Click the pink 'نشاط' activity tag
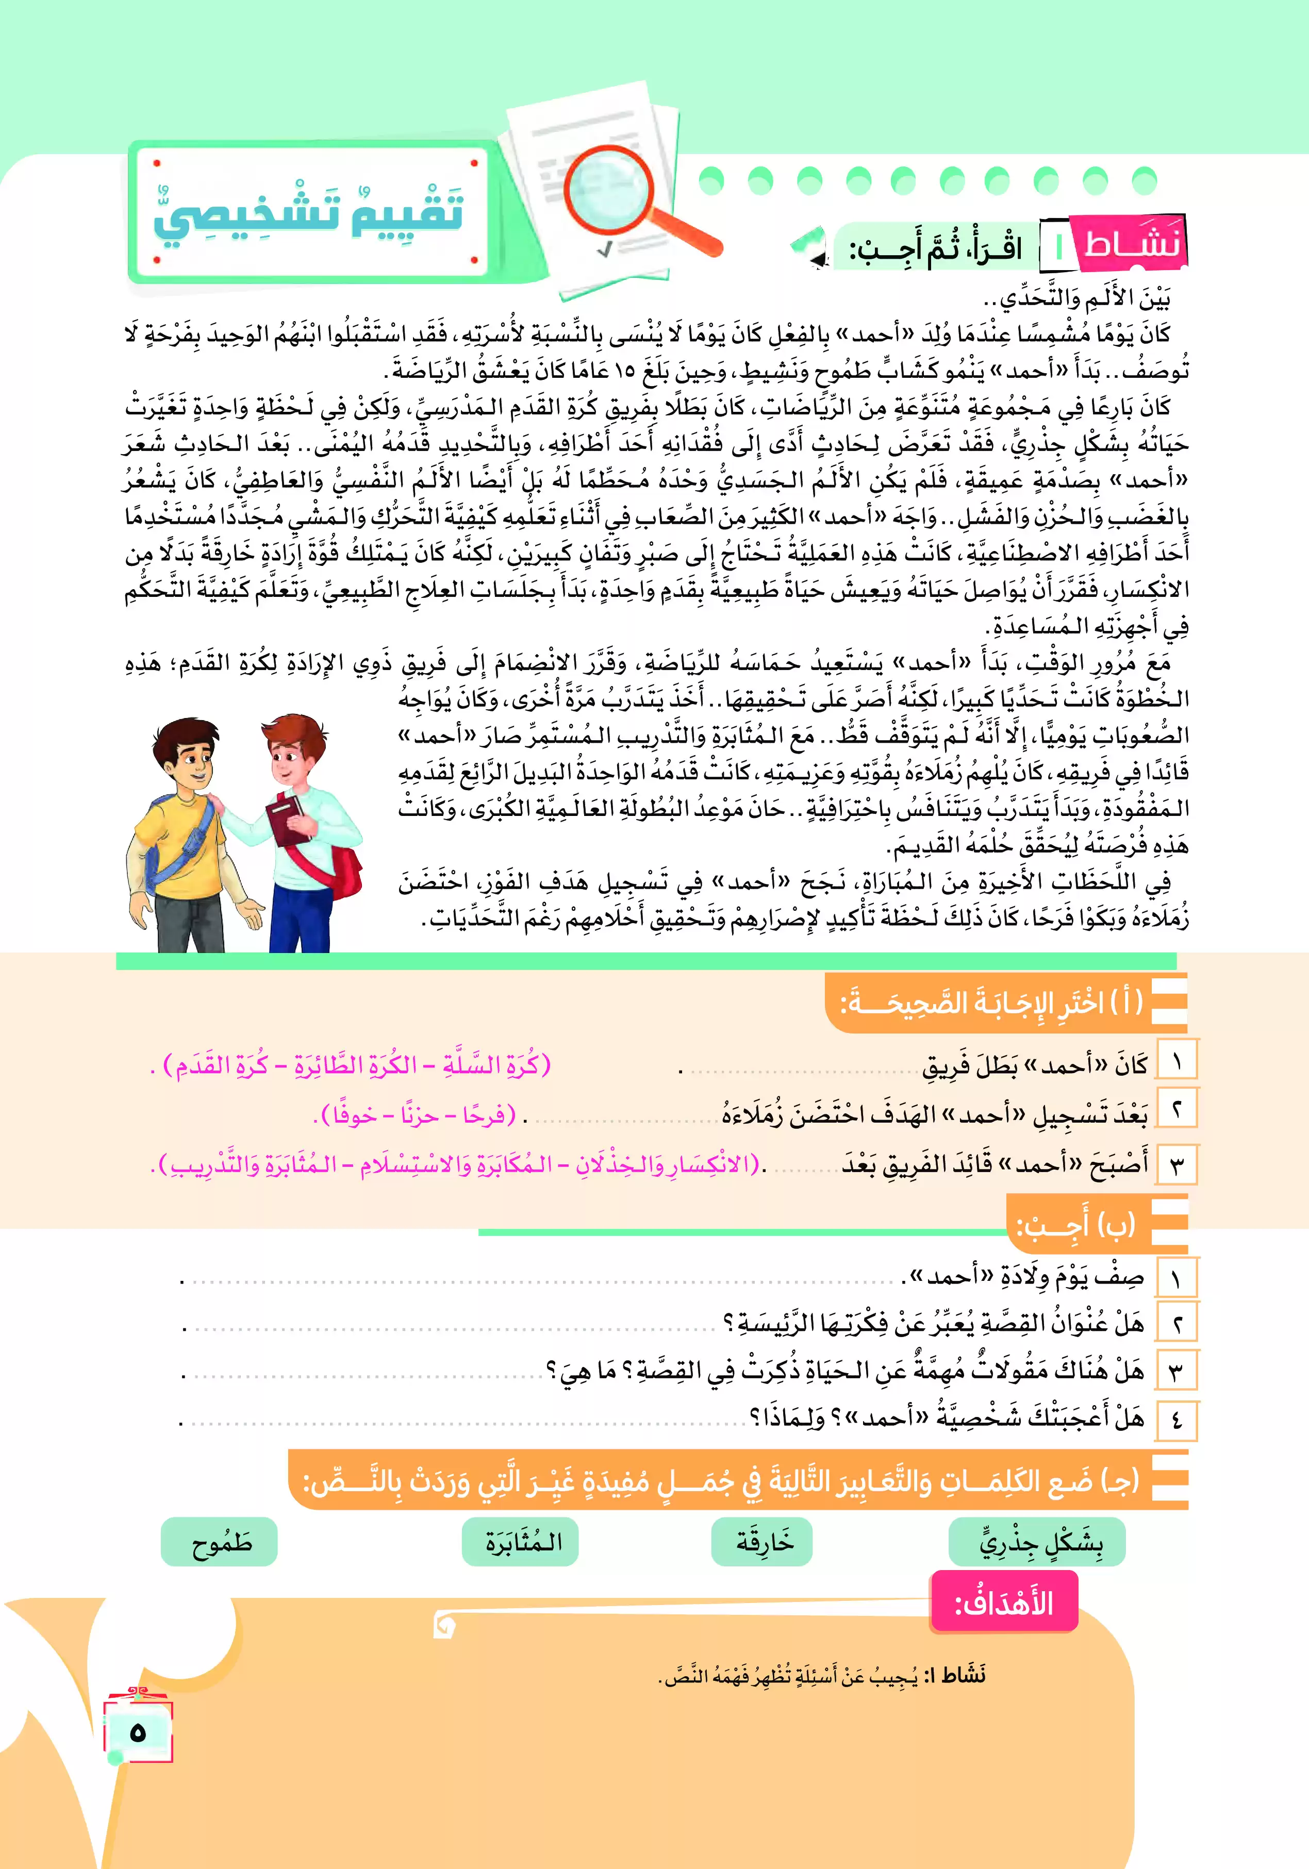(1132, 243)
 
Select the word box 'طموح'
(220, 1542)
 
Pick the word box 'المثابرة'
(521, 1542)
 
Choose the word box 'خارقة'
(763, 1542)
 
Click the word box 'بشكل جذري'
(1037, 1542)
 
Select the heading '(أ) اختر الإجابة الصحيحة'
(993, 1003)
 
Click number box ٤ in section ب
(1177, 1420)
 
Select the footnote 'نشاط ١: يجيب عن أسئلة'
(822, 1675)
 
